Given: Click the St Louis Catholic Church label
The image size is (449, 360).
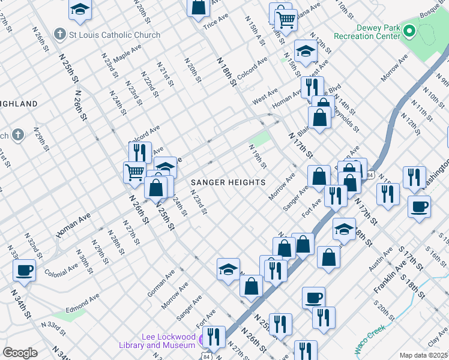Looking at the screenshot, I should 115,35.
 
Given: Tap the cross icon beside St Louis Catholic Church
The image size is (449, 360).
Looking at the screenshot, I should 60,34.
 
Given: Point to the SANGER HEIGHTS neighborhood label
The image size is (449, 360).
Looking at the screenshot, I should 228,182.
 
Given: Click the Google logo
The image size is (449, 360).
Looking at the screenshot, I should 20,353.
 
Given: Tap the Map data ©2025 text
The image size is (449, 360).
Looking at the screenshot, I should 424,355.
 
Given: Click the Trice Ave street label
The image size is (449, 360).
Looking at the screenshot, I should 216,20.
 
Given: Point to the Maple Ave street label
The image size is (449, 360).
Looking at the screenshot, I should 127,53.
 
